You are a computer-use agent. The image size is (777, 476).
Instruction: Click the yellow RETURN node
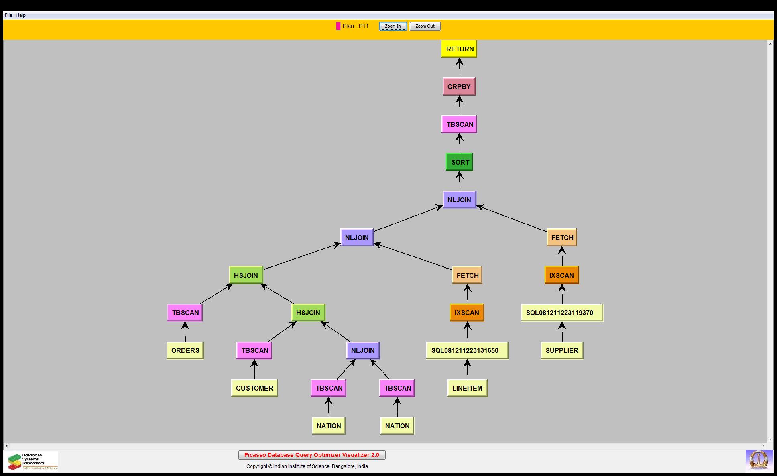tap(459, 49)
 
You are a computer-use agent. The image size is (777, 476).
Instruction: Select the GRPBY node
tap(459, 87)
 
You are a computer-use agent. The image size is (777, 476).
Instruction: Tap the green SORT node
tap(460, 162)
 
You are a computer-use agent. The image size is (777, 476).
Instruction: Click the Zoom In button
tap(393, 26)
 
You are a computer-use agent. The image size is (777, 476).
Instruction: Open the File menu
tap(8, 15)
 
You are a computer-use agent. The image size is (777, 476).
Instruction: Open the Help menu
tap(20, 15)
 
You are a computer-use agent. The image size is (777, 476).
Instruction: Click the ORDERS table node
tap(185, 350)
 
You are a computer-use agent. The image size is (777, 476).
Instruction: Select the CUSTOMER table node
tap(254, 388)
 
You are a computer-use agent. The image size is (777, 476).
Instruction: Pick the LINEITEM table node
tap(467, 388)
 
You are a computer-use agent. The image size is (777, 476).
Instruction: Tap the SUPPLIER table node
tap(561, 350)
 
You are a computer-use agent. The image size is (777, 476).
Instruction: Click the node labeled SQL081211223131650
tap(467, 350)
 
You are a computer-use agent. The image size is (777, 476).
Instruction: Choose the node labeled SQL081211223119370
tap(561, 313)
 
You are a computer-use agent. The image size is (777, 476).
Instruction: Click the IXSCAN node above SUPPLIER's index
tap(561, 275)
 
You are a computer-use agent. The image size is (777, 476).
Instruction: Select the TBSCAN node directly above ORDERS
tap(185, 313)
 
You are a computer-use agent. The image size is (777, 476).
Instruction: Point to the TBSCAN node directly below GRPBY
tap(459, 124)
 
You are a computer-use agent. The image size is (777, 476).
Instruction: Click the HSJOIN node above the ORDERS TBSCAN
tap(246, 275)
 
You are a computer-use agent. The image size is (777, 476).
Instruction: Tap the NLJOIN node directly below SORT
tap(459, 200)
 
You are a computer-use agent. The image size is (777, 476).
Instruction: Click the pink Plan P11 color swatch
tap(338, 26)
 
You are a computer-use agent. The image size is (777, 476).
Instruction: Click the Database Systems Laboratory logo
tap(31, 461)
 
